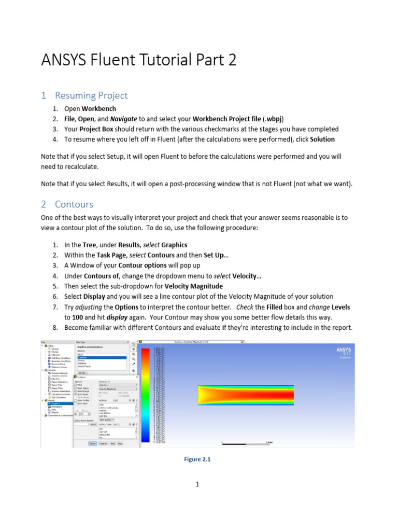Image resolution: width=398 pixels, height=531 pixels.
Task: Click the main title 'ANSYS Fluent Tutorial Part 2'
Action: [138, 60]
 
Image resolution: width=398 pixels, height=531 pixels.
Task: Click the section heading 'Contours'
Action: [74, 204]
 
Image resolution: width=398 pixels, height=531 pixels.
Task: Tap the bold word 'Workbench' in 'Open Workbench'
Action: [98, 109]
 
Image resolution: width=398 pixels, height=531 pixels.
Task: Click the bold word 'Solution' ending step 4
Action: [322, 139]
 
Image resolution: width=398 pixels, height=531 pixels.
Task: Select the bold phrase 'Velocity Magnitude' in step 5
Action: [193, 286]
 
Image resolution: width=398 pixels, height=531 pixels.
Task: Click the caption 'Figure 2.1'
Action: [198, 459]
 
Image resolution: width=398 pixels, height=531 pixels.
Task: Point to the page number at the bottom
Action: [198, 485]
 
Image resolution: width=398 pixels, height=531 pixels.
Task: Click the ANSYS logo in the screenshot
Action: [343, 351]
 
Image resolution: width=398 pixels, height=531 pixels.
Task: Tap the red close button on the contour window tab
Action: [241, 342]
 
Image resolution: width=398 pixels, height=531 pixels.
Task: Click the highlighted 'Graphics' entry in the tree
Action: [55, 403]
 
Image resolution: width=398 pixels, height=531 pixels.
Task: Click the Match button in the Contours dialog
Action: [94, 424]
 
